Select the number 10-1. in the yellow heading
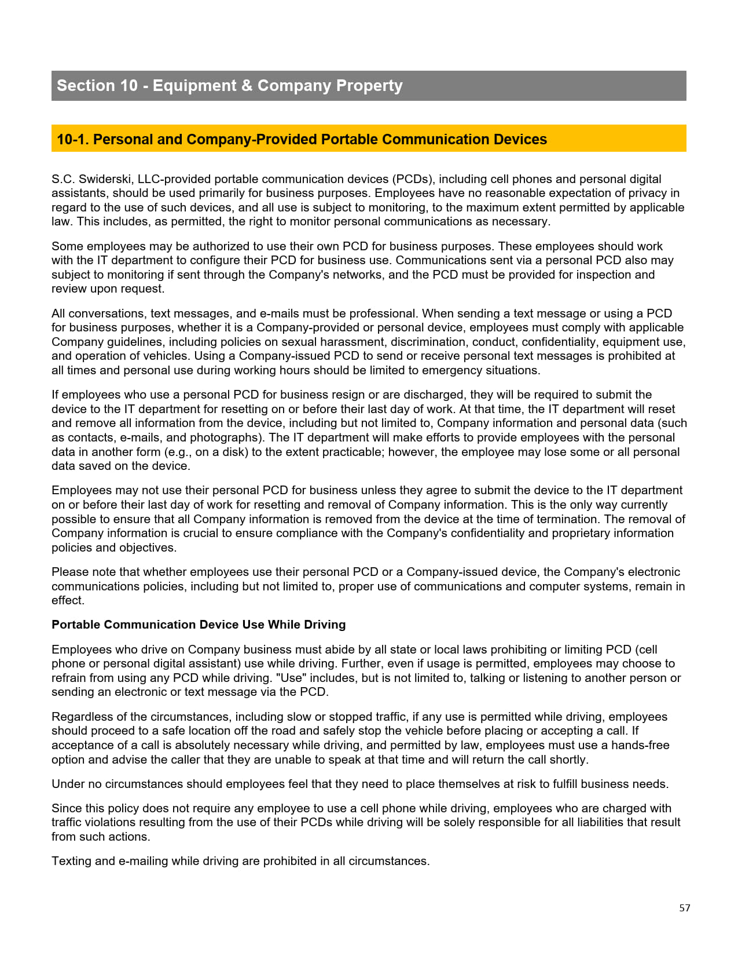[73, 140]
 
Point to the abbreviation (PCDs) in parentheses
[413, 179]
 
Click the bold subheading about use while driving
[199, 625]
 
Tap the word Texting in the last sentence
[71, 861]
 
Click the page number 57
[685, 908]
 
